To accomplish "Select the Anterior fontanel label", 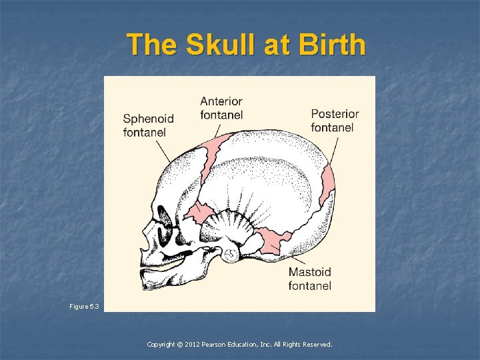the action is click(221, 108).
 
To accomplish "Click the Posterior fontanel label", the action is click(335, 121).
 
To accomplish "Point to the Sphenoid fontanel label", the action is click(148, 125).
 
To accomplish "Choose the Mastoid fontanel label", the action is click(310, 279).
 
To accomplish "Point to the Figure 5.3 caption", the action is click(84, 306).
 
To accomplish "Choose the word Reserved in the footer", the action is click(317, 345).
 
